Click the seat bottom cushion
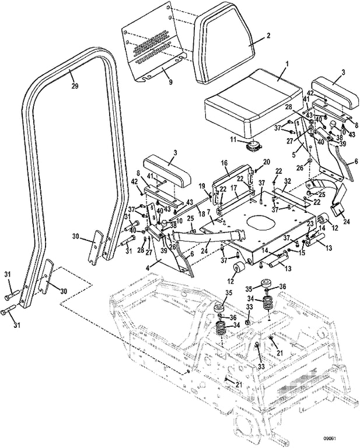251,105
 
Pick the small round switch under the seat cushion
253,146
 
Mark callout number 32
286,181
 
